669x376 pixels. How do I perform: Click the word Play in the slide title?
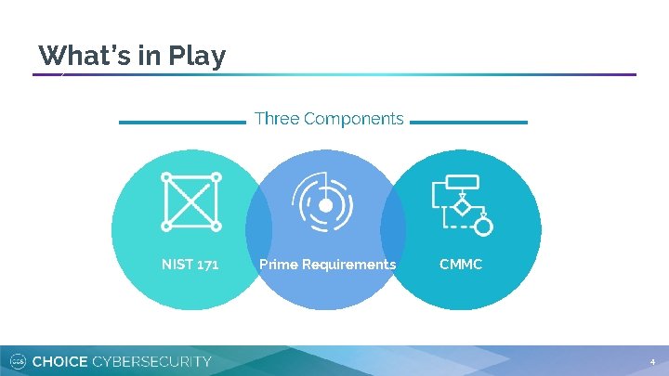pyautogui.click(x=197, y=56)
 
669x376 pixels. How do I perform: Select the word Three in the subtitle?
pyautogui.click(x=276, y=119)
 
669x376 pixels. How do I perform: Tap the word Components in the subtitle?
pyautogui.click(x=353, y=119)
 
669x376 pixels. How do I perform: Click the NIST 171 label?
pyautogui.click(x=190, y=265)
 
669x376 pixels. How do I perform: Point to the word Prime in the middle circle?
pyautogui.click(x=279, y=265)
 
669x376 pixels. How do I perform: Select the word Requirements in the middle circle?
pyautogui.click(x=348, y=265)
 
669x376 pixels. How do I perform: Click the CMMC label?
pyautogui.click(x=461, y=265)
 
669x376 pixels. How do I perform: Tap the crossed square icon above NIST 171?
pyautogui.click(x=190, y=201)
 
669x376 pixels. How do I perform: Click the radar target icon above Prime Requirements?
pyautogui.click(x=325, y=202)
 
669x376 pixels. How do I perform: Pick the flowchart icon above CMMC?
pyautogui.click(x=462, y=203)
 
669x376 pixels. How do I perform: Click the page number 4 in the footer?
pyautogui.click(x=652, y=361)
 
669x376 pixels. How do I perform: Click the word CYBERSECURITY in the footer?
pyautogui.click(x=152, y=361)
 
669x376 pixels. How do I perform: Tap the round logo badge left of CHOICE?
pyautogui.click(x=17, y=361)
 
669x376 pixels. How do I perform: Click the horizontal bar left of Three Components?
pyautogui.click(x=182, y=122)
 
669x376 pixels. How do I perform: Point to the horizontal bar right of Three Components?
pyautogui.click(x=468, y=122)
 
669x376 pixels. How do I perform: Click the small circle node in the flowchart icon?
pyautogui.click(x=483, y=226)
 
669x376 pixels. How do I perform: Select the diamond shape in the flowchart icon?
pyautogui.click(x=463, y=205)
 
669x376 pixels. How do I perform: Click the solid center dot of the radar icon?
pyautogui.click(x=326, y=205)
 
